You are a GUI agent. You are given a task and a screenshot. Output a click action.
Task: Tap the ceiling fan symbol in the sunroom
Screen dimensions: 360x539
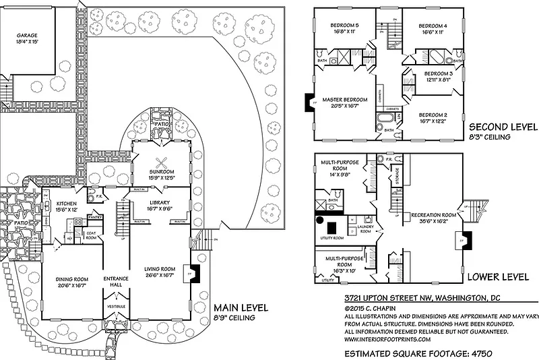[162, 162]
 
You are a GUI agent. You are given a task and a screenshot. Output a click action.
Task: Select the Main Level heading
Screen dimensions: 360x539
[241, 308]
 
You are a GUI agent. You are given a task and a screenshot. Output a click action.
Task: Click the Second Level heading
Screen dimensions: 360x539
[503, 126]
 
